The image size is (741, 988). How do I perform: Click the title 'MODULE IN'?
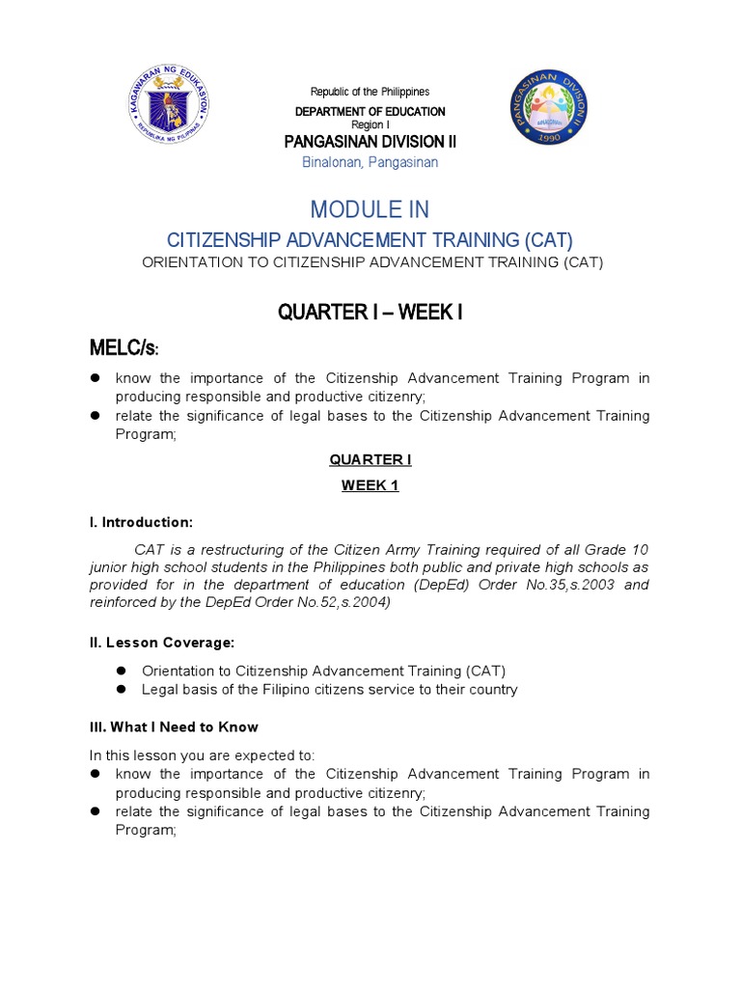pos(370,209)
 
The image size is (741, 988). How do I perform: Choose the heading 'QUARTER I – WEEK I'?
pos(370,313)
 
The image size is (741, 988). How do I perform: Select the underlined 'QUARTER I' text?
pos(370,459)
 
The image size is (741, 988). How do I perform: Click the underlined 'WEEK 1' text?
pos(370,485)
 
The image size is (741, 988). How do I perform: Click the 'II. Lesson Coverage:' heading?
pos(162,642)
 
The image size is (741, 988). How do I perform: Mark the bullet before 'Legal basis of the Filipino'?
pos(123,690)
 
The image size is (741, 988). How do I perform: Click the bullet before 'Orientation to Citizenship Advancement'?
pos(123,671)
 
